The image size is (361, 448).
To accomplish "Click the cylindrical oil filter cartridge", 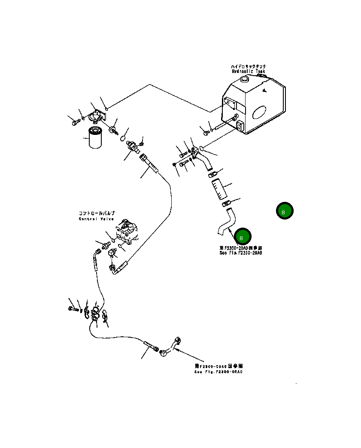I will click(95, 137).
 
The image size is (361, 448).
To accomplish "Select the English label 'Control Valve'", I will click(96, 219).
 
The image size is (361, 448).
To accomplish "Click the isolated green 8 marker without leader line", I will click(284, 211).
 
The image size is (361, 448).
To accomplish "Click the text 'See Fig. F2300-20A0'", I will click(240, 253).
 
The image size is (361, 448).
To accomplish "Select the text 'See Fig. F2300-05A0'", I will click(218, 372).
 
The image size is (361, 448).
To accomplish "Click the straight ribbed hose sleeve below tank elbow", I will click(218, 189).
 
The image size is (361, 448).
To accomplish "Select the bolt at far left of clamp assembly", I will click(71, 308).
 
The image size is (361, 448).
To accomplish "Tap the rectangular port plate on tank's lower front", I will click(240, 126).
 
